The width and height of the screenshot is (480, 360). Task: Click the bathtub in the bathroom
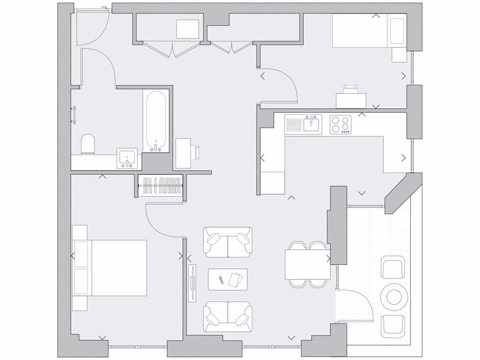[155, 120]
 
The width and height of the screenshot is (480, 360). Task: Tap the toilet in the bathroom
[88, 144]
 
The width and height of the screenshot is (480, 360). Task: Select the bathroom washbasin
[127, 158]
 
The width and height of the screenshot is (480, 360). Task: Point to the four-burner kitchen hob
[340, 125]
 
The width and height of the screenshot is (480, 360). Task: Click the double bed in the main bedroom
[117, 268]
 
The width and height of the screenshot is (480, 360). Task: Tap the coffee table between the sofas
[228, 279]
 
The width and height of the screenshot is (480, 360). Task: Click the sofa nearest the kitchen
[228, 242]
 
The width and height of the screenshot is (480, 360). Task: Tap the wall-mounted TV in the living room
[192, 283]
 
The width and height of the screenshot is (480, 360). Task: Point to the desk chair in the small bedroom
[350, 89]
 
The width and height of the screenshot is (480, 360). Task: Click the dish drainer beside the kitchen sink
[294, 124]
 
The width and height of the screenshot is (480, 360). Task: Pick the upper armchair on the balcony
[393, 267]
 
